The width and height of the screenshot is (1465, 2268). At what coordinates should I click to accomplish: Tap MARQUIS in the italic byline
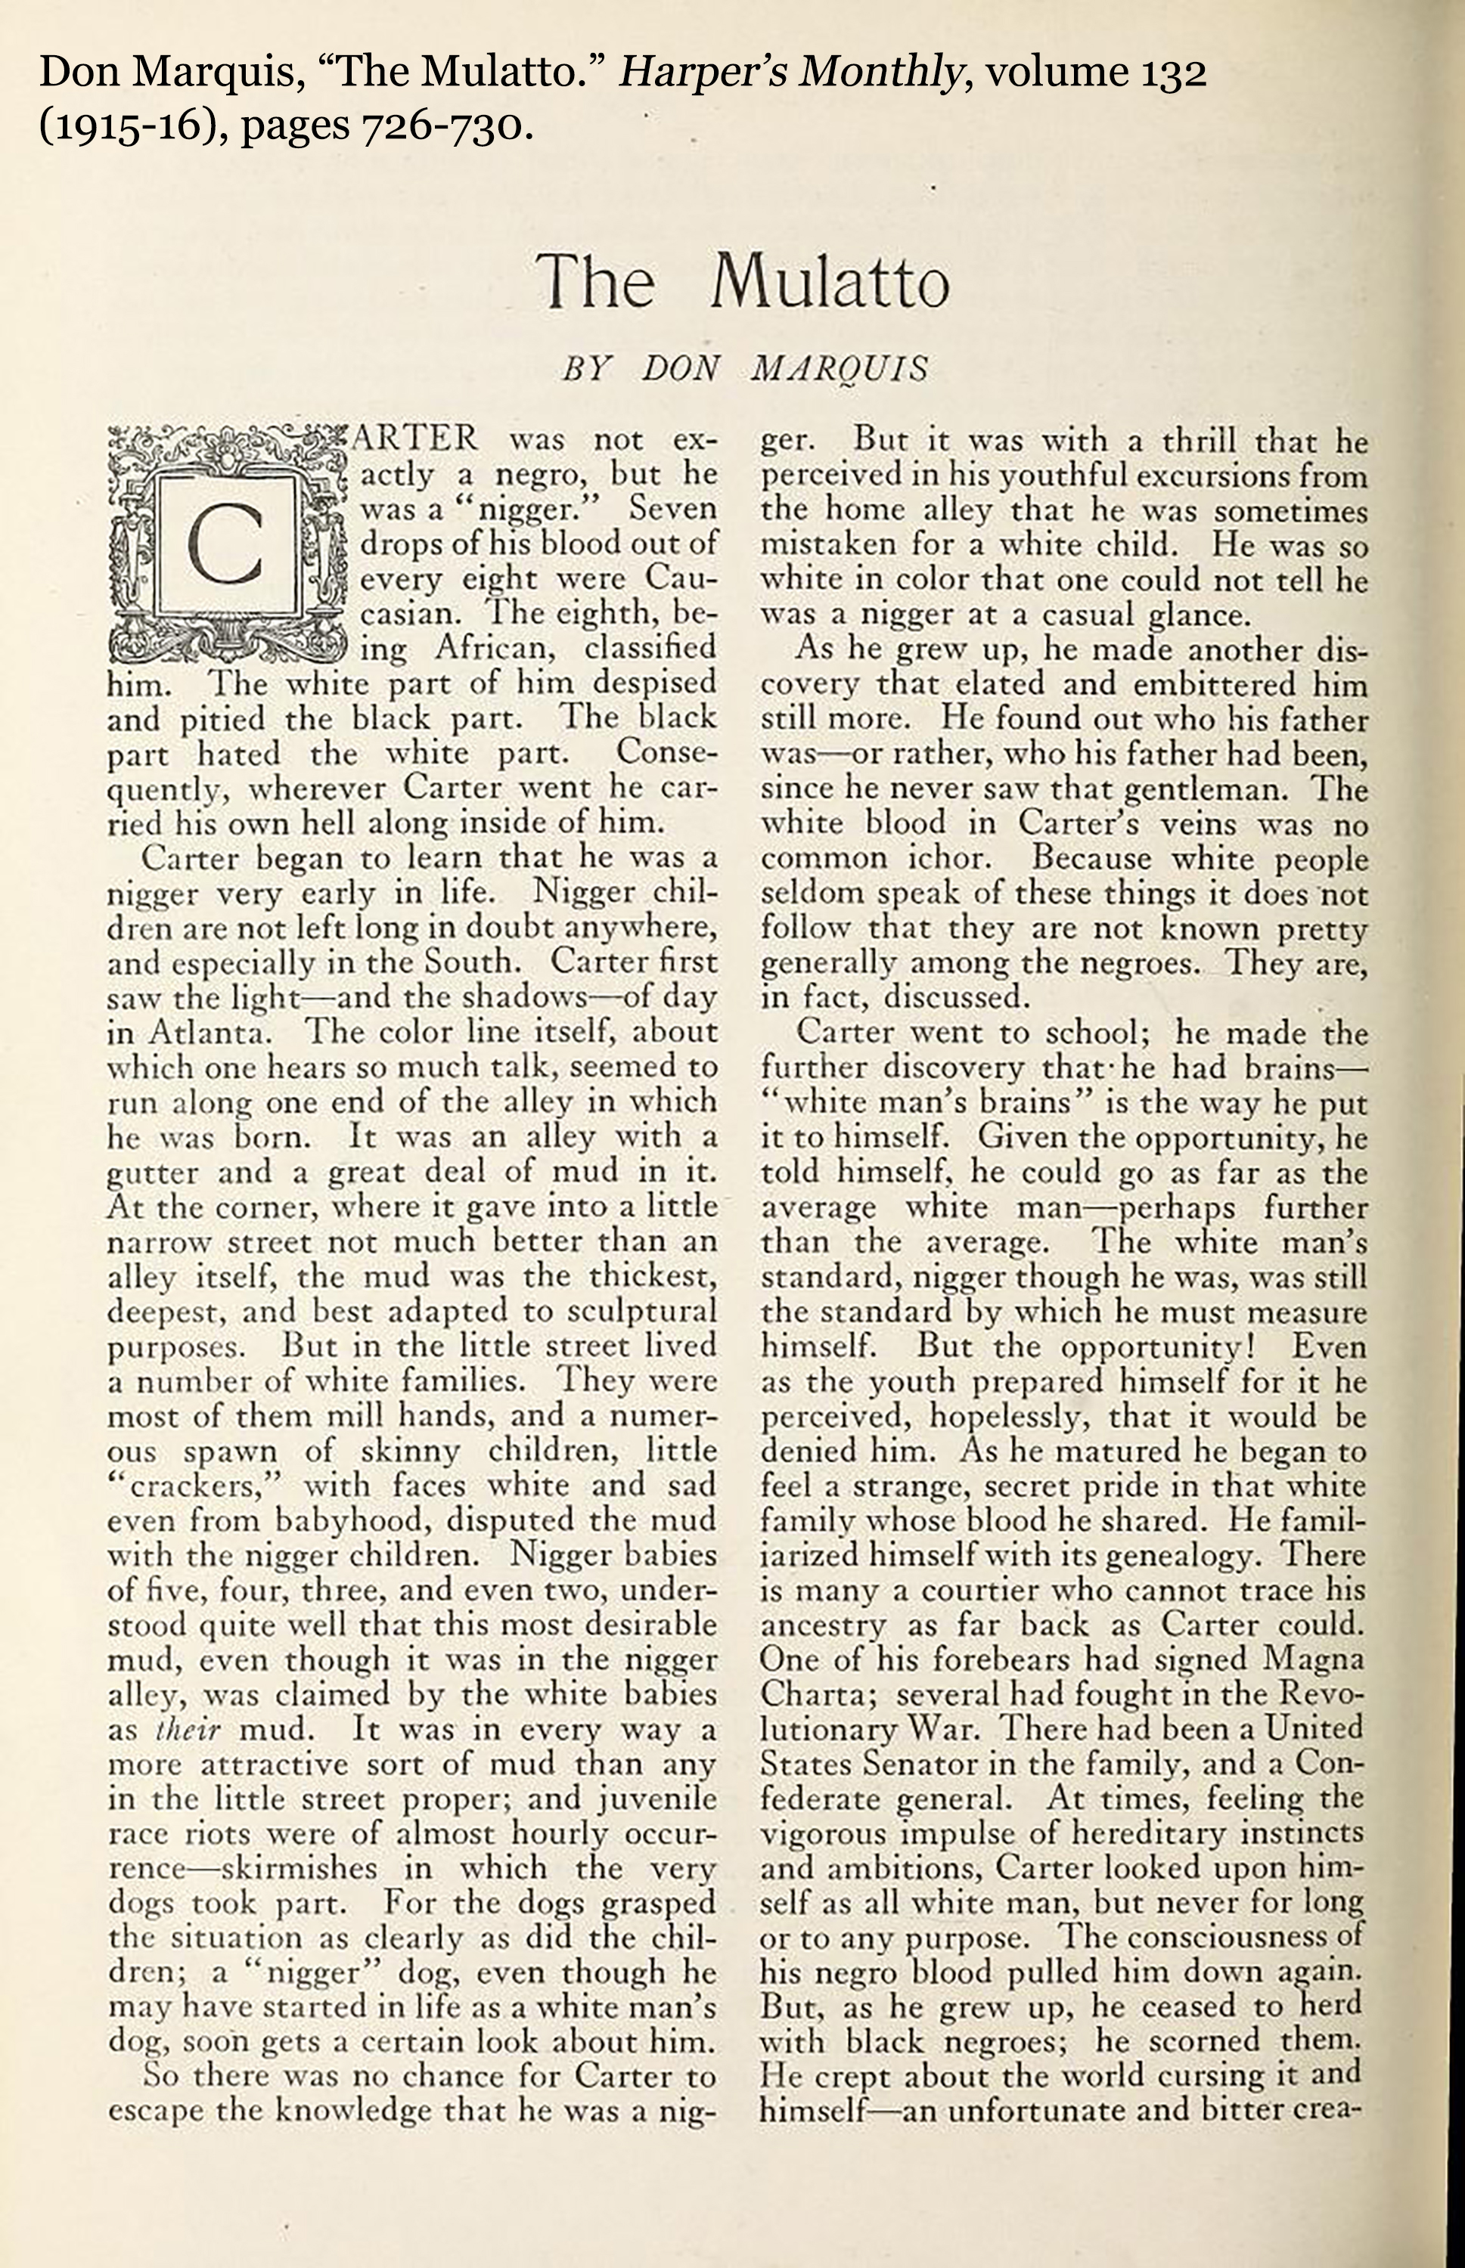click(838, 370)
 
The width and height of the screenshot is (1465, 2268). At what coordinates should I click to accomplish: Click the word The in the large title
click(595, 283)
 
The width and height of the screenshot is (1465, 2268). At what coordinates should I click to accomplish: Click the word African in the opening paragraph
click(495, 649)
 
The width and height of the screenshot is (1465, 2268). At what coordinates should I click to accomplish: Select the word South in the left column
click(472, 962)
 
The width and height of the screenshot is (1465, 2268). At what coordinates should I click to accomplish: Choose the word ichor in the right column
click(948, 858)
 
